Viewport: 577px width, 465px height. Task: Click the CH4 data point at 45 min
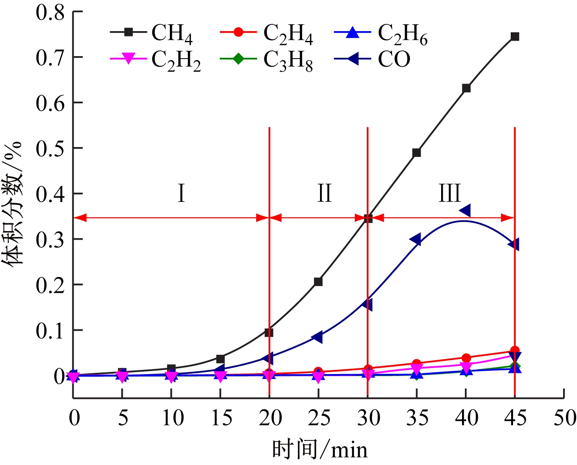(x=515, y=37)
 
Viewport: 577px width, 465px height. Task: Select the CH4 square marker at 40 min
(x=466, y=88)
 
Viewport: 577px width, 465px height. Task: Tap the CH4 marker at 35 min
(x=417, y=153)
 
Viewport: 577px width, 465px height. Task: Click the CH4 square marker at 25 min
(x=318, y=282)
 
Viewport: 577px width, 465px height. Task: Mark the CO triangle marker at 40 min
(x=465, y=211)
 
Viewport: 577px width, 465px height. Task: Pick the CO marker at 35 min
(x=415, y=240)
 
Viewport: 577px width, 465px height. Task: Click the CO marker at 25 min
(x=317, y=337)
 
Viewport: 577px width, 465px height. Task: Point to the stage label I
(x=181, y=193)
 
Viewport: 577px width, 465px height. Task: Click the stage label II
(x=325, y=193)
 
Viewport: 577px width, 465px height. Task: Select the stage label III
(x=449, y=193)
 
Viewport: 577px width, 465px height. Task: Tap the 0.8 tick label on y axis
(x=50, y=12)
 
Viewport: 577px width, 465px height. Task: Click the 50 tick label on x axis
(x=564, y=418)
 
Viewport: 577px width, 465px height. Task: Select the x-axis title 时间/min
(x=320, y=449)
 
